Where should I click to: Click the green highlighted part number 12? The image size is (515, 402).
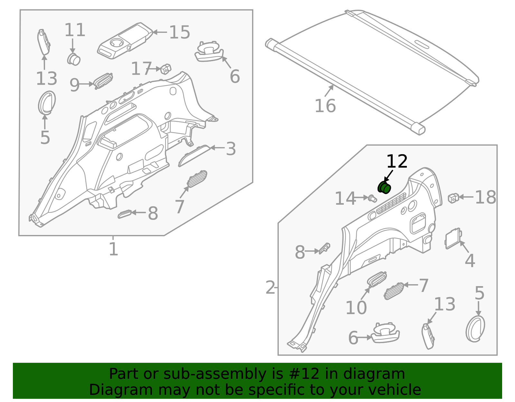(x=384, y=187)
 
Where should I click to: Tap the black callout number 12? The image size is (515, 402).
(x=397, y=162)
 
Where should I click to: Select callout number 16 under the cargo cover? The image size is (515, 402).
(x=325, y=106)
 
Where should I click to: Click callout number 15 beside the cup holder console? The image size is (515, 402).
(x=180, y=33)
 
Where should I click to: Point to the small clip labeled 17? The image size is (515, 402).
(x=166, y=69)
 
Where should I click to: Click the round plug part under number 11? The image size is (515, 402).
(x=74, y=59)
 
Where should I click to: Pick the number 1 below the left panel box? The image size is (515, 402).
(x=113, y=249)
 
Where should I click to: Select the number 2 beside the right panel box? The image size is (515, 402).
(x=270, y=288)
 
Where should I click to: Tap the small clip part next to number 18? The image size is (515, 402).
(x=453, y=198)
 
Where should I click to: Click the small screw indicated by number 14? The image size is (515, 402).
(x=372, y=198)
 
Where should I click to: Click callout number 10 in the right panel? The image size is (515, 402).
(x=356, y=308)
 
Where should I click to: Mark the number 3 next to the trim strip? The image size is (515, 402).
(x=231, y=149)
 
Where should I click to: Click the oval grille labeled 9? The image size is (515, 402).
(x=103, y=81)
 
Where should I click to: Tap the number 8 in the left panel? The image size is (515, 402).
(x=153, y=213)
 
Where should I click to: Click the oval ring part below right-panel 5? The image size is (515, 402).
(x=475, y=328)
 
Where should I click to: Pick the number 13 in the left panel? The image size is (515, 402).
(x=47, y=79)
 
